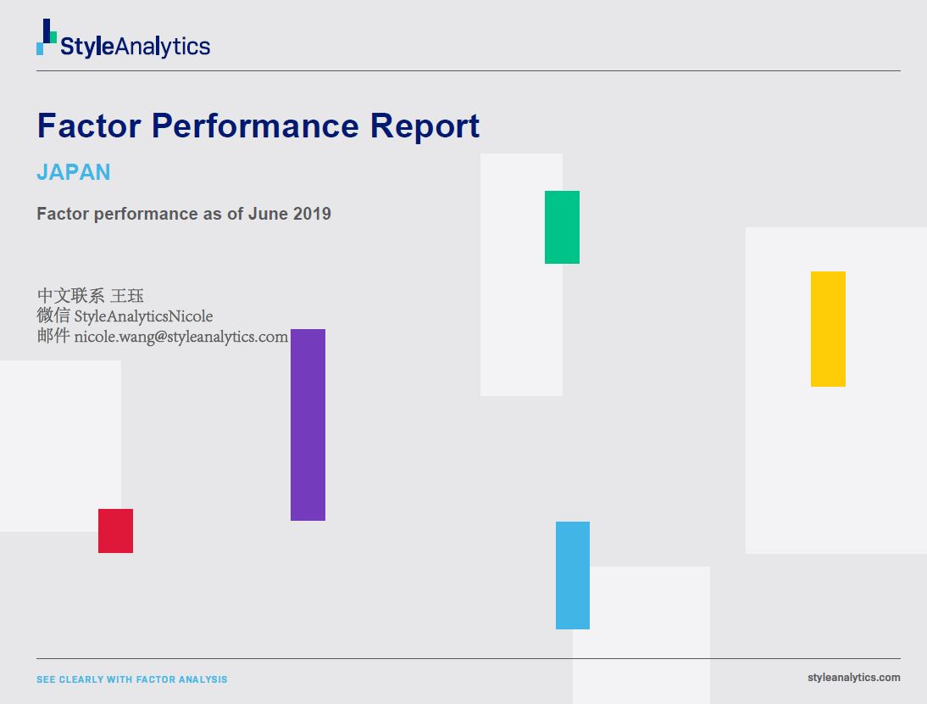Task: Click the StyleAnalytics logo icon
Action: (x=47, y=36)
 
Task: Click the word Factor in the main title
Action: (x=89, y=126)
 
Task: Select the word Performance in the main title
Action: (x=255, y=126)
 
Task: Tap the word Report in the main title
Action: (x=425, y=126)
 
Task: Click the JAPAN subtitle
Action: (x=74, y=172)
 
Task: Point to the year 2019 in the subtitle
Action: (x=312, y=214)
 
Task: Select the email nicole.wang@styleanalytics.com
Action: (x=180, y=337)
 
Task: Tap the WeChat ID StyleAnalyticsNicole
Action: (x=143, y=316)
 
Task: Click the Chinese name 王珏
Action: (x=127, y=295)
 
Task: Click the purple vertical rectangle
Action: (x=308, y=425)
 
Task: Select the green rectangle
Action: (x=563, y=227)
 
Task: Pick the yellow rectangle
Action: (x=828, y=329)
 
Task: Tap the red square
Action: (x=116, y=531)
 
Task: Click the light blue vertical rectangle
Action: (x=573, y=575)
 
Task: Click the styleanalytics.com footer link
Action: (x=853, y=678)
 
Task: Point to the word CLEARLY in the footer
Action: (x=80, y=679)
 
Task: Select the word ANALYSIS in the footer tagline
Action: (x=203, y=679)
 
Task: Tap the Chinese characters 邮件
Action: (x=53, y=336)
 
